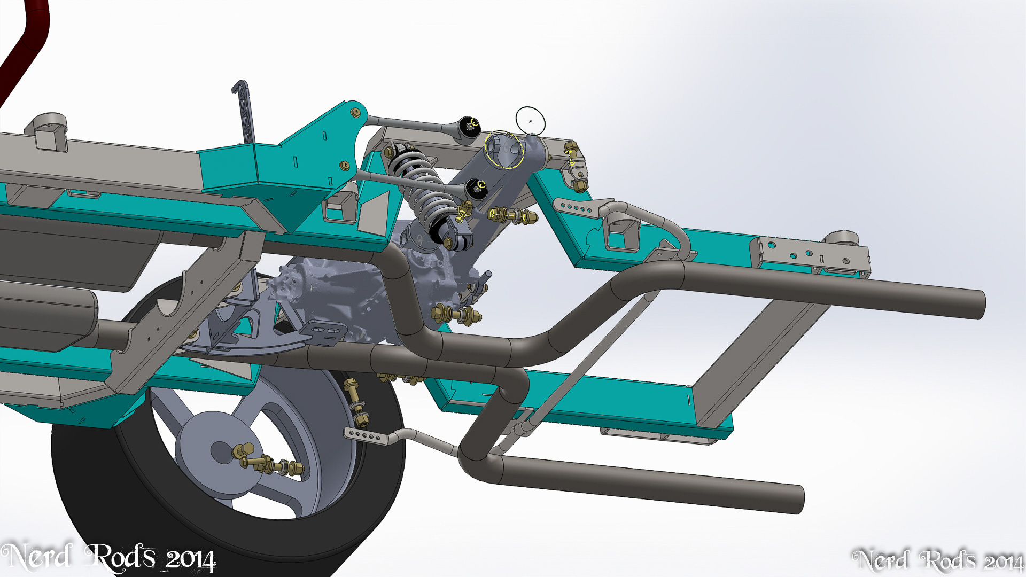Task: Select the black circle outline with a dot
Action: tap(531, 121)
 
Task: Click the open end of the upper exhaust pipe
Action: tap(981, 305)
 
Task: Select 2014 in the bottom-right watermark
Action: tap(1004, 562)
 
